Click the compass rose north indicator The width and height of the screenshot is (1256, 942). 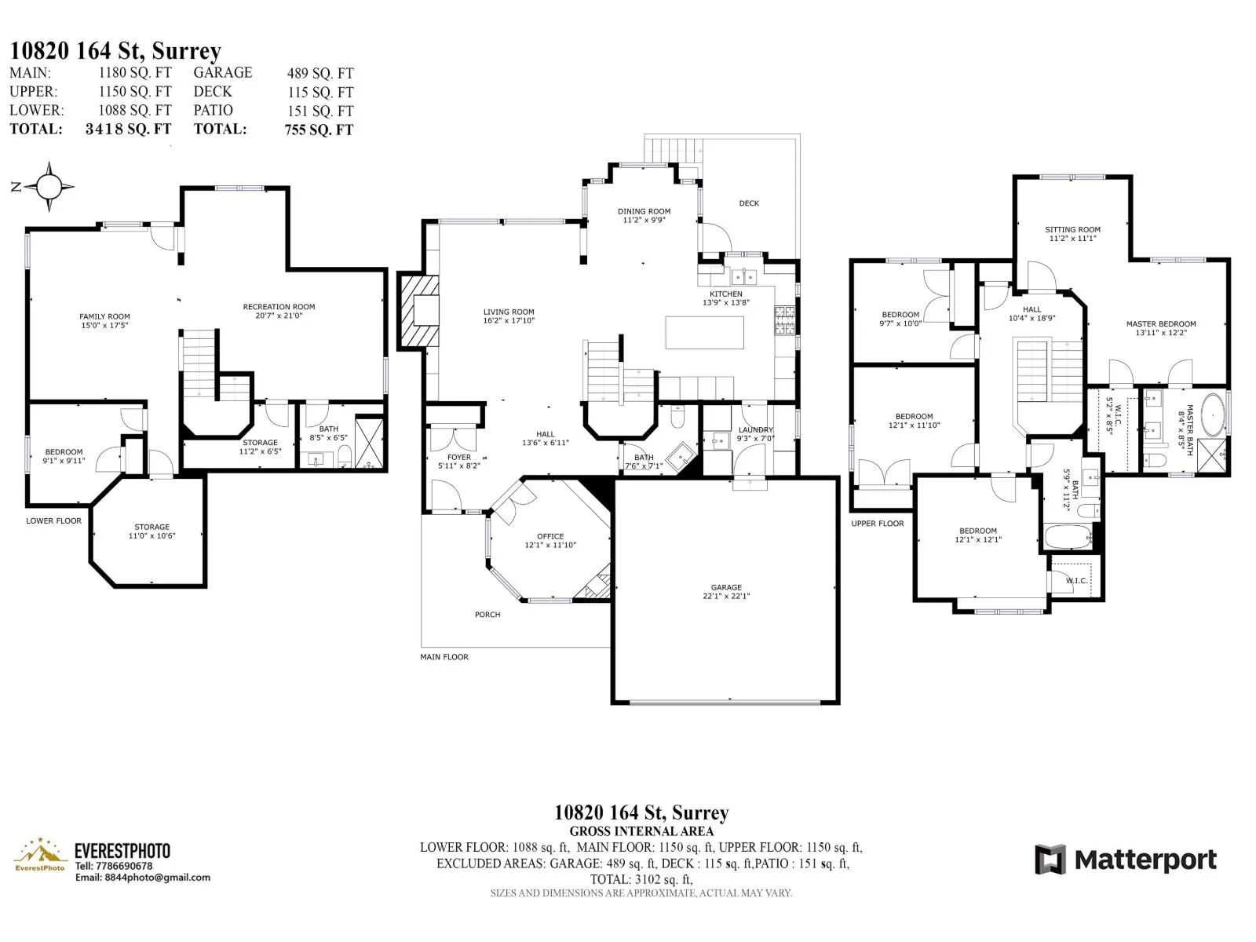click(16, 187)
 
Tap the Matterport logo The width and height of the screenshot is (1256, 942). click(1126, 860)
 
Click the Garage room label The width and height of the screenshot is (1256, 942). click(726, 587)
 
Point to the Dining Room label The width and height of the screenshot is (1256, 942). click(644, 211)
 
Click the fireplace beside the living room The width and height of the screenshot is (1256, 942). click(419, 310)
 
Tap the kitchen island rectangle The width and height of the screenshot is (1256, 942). click(704, 332)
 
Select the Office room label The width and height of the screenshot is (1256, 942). click(550, 536)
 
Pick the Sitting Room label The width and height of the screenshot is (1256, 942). click(1072, 229)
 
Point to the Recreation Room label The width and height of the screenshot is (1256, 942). click(279, 307)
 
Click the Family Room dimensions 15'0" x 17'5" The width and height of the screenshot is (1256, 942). click(104, 326)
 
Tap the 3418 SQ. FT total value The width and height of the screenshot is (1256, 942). click(128, 129)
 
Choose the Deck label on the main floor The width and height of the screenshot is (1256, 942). click(749, 203)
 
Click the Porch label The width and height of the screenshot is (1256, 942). click(487, 615)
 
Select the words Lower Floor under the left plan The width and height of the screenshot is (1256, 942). click(54, 520)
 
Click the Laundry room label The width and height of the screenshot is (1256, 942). click(756, 429)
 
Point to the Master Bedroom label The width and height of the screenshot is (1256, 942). click(1161, 323)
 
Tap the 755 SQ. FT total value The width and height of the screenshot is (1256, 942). click(319, 130)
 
